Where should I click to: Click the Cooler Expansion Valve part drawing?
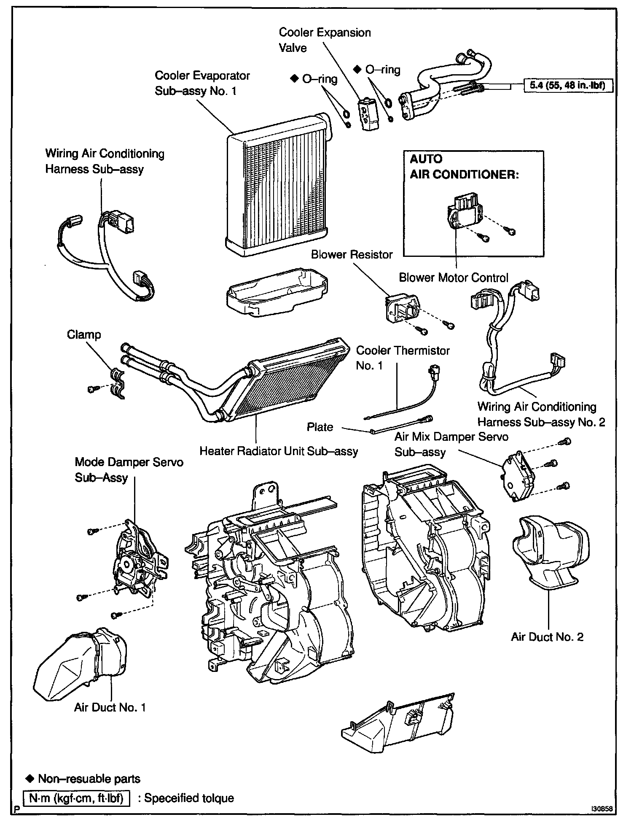366,114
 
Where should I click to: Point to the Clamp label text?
84,335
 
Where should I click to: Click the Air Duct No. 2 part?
550,553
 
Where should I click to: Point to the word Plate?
320,427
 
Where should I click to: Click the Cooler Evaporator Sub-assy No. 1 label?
202,83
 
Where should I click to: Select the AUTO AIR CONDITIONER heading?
464,167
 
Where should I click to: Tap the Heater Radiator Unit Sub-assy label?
279,451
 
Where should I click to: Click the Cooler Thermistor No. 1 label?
403,358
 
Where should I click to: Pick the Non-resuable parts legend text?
89,779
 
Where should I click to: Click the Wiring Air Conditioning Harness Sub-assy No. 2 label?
541,414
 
